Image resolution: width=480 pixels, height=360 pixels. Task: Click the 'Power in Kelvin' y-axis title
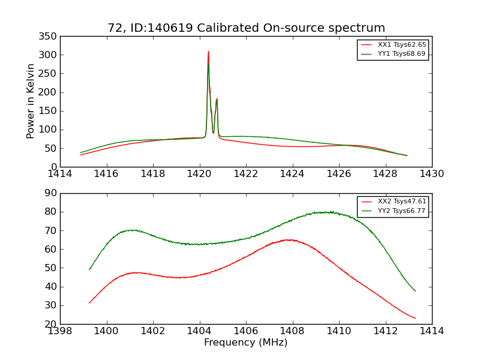click(x=31, y=101)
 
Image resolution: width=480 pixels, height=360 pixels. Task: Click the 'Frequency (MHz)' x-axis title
click(x=246, y=343)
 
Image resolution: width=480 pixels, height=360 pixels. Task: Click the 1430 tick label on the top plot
click(x=431, y=174)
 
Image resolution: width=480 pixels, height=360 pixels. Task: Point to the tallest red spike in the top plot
click(x=208, y=52)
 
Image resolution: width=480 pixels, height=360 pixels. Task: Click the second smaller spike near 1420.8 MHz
click(x=217, y=99)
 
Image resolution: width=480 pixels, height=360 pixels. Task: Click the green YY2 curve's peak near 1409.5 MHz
click(x=328, y=212)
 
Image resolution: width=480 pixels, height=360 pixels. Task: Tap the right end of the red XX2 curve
click(x=415, y=318)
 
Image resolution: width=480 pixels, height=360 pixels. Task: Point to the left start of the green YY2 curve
click(x=89, y=269)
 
